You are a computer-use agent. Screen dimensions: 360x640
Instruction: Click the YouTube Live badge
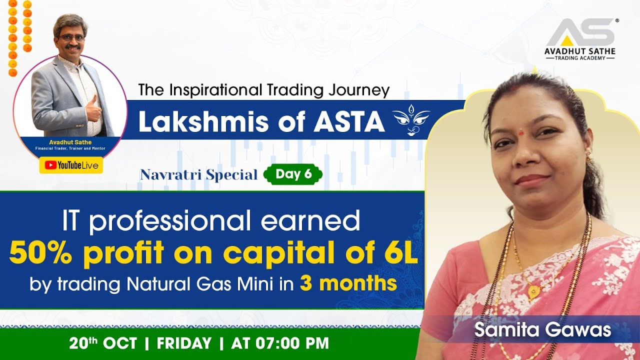click(71, 165)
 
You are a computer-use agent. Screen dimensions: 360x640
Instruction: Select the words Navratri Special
click(198, 175)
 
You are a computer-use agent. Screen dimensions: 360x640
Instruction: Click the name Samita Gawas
click(542, 330)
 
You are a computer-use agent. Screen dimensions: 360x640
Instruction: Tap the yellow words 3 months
click(348, 283)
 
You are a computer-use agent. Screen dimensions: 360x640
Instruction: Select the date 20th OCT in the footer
click(102, 343)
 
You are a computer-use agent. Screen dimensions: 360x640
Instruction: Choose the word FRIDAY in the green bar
click(184, 343)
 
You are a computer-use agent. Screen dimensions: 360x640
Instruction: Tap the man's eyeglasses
click(71, 37)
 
